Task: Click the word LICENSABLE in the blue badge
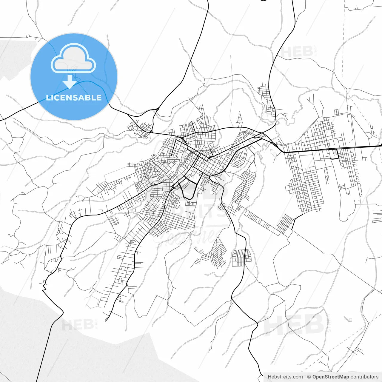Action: point(74,98)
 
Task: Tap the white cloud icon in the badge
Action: point(73,59)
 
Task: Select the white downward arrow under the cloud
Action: point(70,82)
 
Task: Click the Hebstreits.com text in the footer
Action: point(285,377)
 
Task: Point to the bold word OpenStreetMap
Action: point(330,377)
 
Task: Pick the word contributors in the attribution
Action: point(364,377)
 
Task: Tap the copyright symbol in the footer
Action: point(309,377)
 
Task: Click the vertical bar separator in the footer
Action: point(305,377)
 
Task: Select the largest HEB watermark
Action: point(294,324)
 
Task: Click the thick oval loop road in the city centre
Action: point(189,189)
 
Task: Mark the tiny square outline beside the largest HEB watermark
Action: point(350,320)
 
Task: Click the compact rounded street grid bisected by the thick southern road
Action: point(242,258)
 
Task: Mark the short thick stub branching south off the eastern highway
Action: point(338,154)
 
